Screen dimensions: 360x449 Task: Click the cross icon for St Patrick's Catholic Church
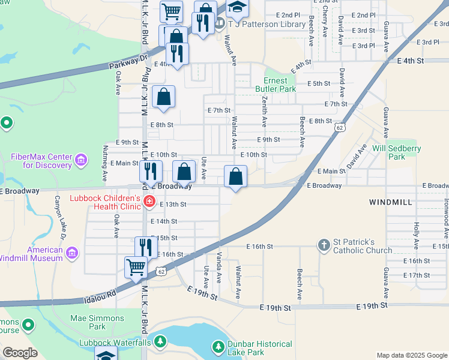(324, 245)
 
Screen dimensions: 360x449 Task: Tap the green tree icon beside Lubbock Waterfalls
(160, 342)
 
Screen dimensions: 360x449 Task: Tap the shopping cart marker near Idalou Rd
(136, 267)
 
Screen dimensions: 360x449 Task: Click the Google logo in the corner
(20, 353)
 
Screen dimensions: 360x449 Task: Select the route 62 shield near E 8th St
(340, 127)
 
